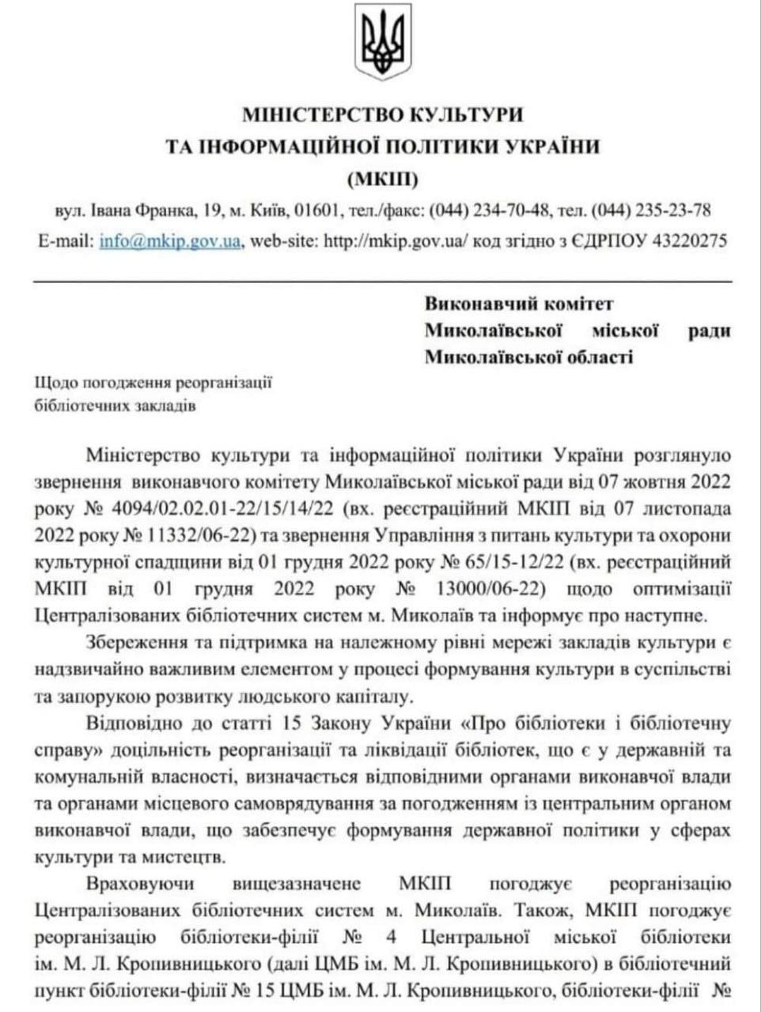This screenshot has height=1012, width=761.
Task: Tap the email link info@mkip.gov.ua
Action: point(170,241)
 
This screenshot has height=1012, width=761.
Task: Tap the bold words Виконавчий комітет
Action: point(519,304)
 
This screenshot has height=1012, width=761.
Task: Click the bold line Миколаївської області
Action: point(528,357)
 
